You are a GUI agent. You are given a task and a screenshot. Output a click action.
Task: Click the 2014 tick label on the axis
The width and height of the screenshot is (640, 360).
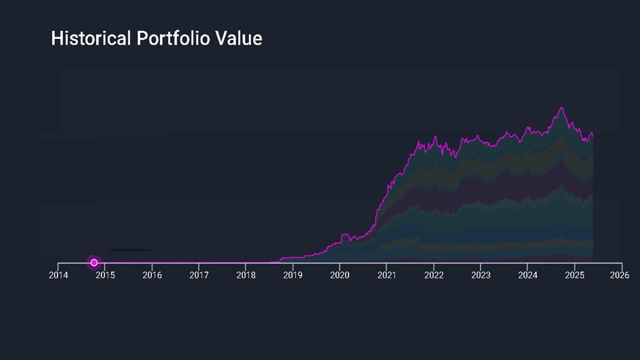58,275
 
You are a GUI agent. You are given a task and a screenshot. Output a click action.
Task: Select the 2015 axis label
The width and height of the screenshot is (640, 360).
105,275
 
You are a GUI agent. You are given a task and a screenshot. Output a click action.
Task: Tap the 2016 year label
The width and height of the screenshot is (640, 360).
152,275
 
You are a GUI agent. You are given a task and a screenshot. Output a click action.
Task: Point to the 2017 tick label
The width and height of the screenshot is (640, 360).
199,275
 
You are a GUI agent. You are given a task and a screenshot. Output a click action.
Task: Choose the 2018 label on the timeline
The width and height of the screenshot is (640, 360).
246,275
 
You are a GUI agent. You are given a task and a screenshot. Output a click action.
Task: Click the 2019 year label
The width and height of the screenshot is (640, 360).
293,275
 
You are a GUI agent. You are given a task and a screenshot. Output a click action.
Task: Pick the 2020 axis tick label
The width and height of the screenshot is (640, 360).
340,275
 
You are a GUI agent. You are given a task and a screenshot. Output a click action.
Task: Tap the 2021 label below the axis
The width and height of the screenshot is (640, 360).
386,275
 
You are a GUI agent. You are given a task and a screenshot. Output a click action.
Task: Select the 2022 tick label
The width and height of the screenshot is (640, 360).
433,275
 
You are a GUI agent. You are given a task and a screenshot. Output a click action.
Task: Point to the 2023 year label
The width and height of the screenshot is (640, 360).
481,275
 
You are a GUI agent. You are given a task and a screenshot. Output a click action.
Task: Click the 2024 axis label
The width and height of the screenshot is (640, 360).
528,275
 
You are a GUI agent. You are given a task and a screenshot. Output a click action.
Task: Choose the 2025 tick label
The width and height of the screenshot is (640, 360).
575,275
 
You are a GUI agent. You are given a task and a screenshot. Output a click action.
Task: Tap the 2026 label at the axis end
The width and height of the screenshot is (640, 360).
620,275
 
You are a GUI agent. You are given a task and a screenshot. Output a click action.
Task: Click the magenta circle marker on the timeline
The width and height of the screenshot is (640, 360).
94,262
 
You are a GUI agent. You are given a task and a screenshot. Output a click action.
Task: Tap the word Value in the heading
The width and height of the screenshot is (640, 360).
239,38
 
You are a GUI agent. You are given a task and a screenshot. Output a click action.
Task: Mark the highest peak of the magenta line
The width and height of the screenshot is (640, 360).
562,107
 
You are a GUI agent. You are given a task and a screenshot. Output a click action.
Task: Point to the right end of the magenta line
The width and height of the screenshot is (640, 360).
593,135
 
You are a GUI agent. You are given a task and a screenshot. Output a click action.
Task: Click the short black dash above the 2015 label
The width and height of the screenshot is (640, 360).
129,249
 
